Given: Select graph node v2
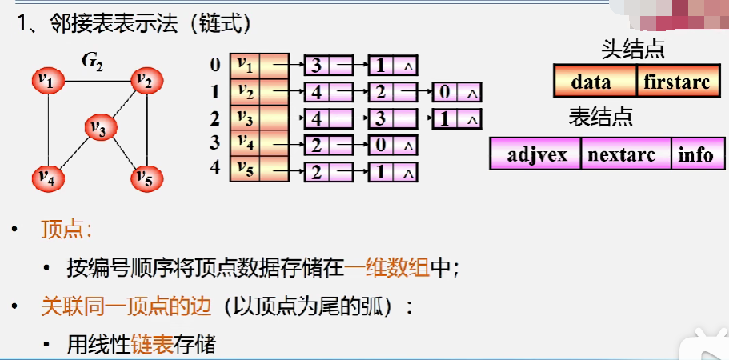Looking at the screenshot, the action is [x=146, y=80].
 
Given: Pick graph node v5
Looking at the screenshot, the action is [x=146, y=177].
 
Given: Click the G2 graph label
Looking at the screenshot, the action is [x=92, y=60].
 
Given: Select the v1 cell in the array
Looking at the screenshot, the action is [x=246, y=65].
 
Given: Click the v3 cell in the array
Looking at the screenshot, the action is [x=246, y=118].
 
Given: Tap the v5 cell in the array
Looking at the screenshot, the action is [x=246, y=170].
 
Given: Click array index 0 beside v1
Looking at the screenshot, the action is [x=214, y=65].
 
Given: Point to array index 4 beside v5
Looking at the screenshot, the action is [x=214, y=170].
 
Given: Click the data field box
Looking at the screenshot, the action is [x=595, y=82].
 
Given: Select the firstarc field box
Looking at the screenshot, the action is [x=676, y=82].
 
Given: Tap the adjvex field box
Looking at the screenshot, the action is [x=535, y=154].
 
